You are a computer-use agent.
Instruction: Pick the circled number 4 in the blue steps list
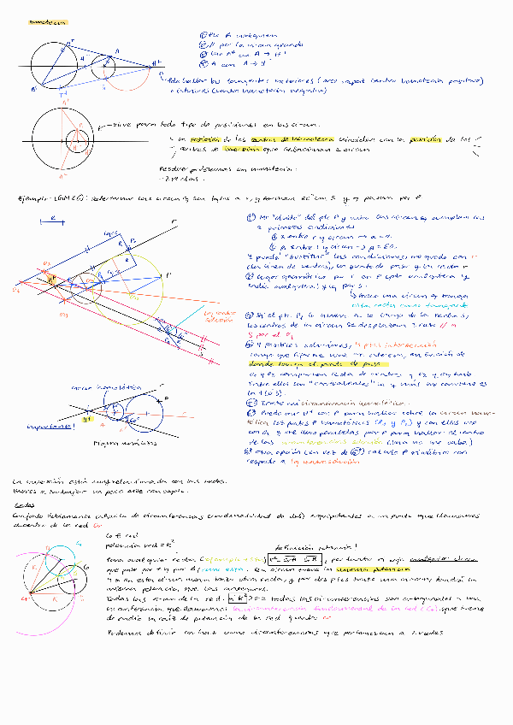(202, 62)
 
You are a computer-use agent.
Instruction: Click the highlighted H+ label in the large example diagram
(52, 280)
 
